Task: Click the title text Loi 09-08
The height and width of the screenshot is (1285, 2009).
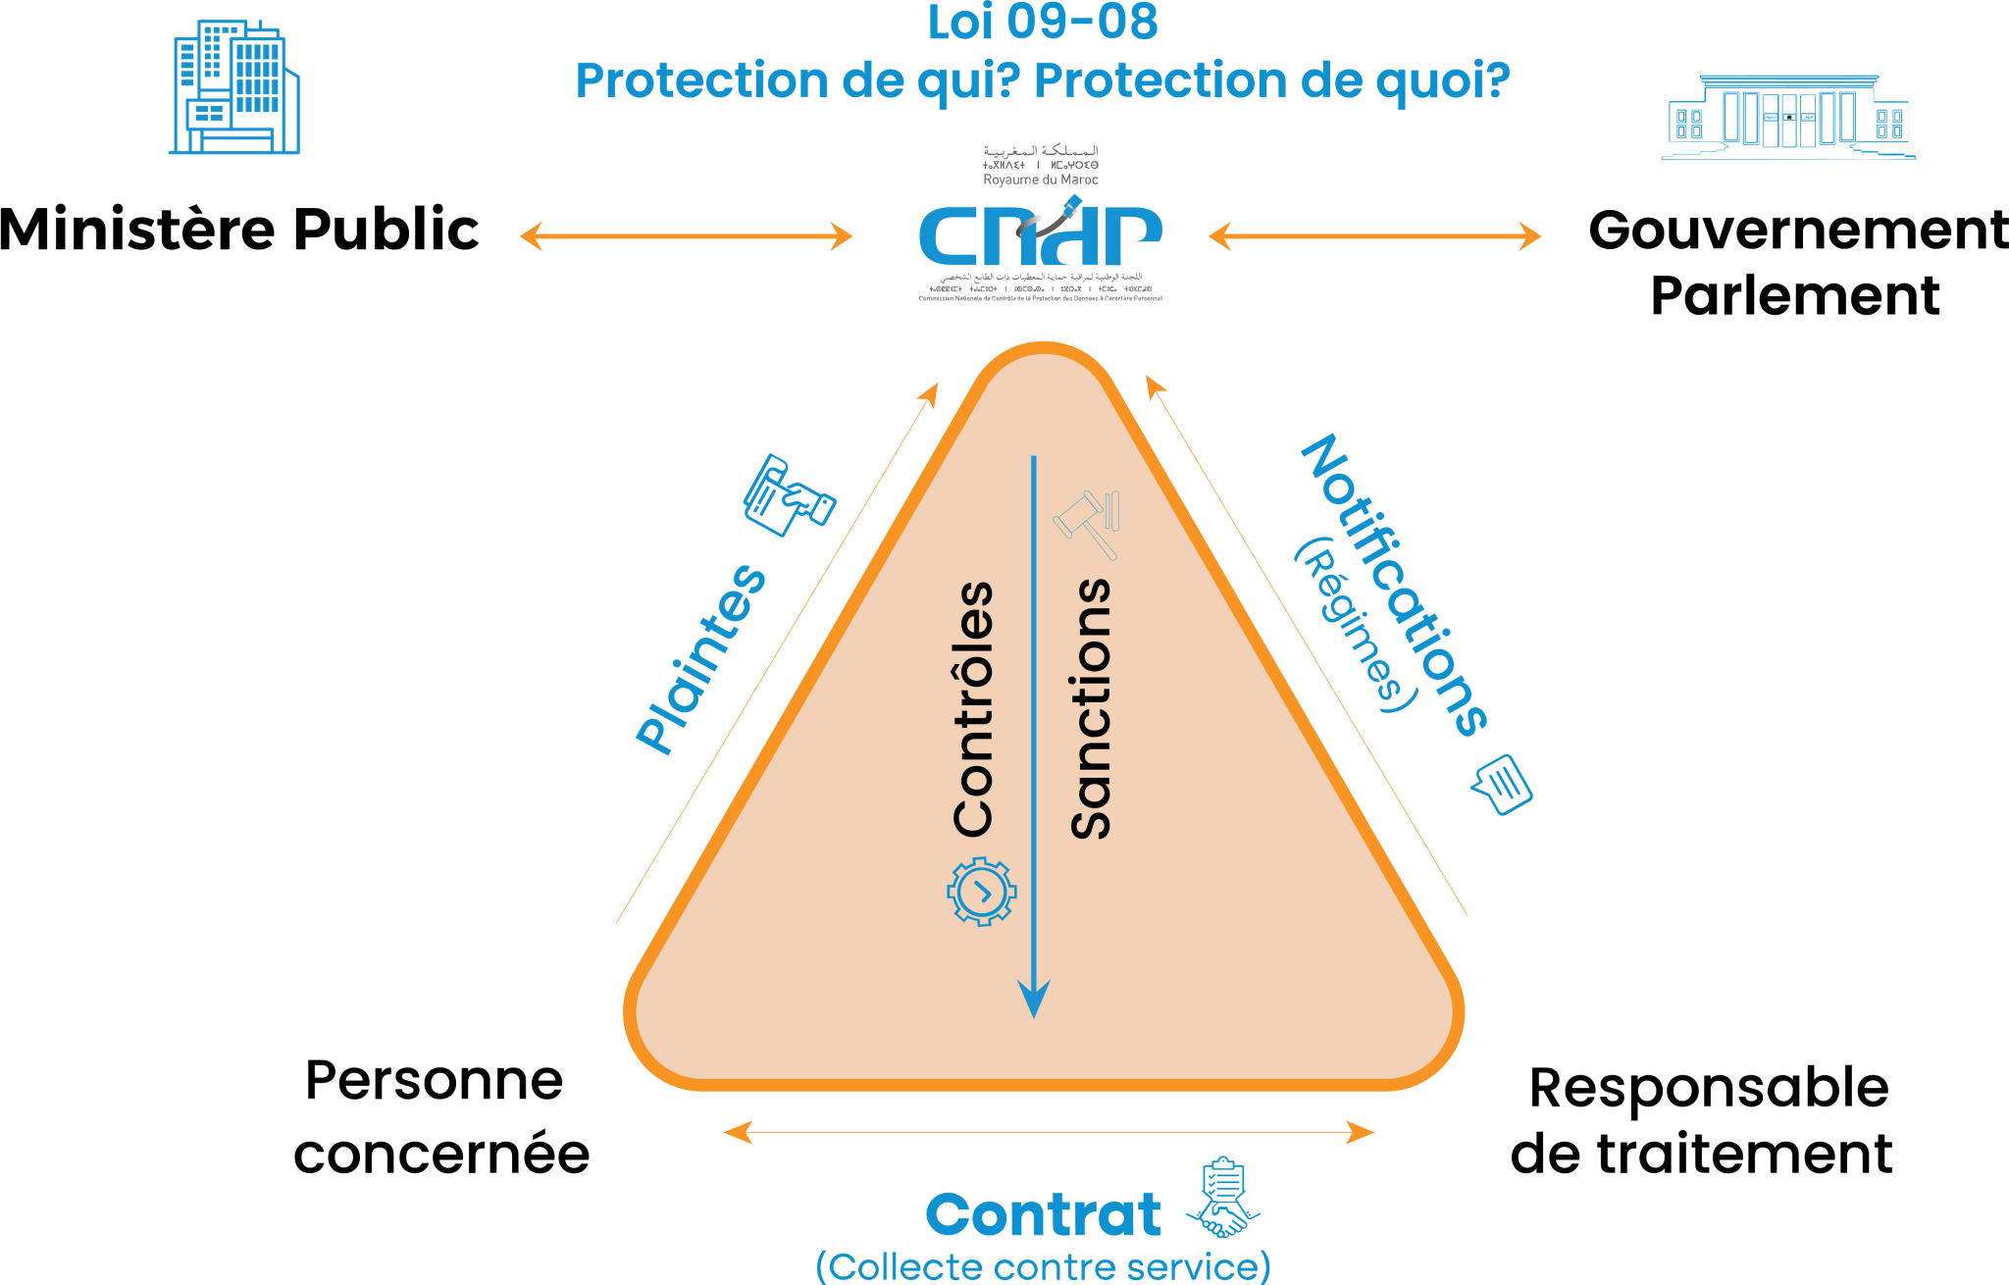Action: tap(1042, 23)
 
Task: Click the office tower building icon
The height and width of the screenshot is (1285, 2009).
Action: tap(234, 88)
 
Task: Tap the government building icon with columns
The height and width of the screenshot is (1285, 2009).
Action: tap(1788, 117)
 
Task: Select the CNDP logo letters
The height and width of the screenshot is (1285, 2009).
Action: tap(1040, 235)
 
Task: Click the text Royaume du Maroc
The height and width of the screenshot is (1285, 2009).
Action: tap(1041, 180)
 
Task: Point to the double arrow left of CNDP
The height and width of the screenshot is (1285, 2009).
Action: tap(686, 236)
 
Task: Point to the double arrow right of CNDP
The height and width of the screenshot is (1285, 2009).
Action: tap(1374, 236)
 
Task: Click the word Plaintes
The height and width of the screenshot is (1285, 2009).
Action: tap(700, 659)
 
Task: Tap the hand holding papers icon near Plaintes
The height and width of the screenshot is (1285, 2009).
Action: tap(788, 495)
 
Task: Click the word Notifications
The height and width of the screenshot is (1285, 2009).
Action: tap(1394, 584)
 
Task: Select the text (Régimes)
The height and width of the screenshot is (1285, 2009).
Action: tap(1357, 625)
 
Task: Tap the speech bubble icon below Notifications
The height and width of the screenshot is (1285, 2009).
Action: tap(1501, 784)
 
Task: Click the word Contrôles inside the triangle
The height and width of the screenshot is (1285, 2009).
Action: tap(974, 709)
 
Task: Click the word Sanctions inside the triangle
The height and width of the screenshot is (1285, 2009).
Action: tap(1090, 709)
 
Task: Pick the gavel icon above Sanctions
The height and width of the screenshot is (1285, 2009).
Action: tap(1088, 523)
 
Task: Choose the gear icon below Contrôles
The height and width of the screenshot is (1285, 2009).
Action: tap(982, 892)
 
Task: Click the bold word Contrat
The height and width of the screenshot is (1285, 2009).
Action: tap(1043, 1215)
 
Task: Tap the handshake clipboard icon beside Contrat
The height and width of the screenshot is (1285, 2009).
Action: tap(1224, 1199)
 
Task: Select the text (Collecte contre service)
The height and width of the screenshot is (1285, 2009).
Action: tap(1043, 1266)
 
